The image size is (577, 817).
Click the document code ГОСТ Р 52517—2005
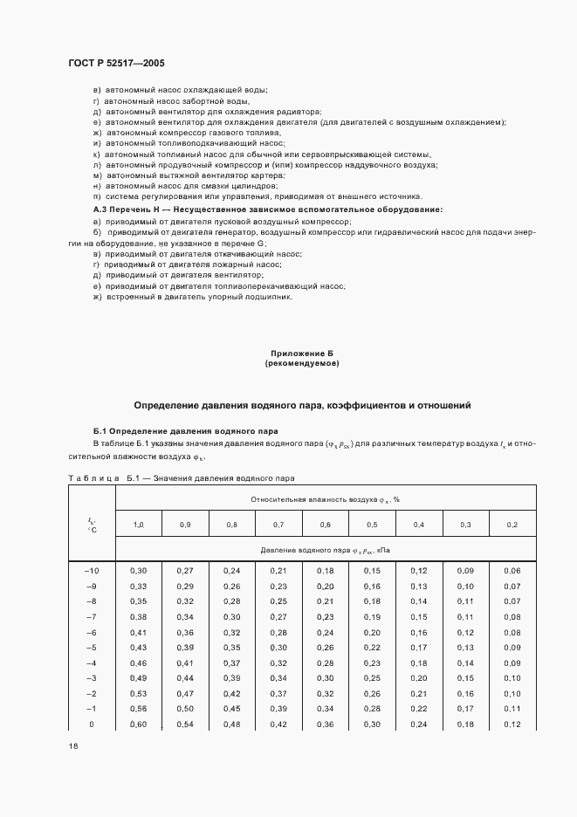pyautogui.click(x=116, y=64)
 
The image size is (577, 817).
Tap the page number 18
pyautogui.click(x=72, y=745)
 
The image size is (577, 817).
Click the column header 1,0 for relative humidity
pyautogui.click(x=138, y=524)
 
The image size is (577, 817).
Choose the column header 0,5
pyautogui.click(x=371, y=524)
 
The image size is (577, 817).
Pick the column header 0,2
pyautogui.click(x=512, y=524)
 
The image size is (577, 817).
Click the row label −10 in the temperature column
pyautogui.click(x=91, y=569)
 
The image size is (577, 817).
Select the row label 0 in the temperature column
pyautogui.click(x=91, y=724)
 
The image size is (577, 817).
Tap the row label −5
pyautogui.click(x=91, y=647)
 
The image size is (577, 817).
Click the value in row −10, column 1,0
pyautogui.click(x=138, y=569)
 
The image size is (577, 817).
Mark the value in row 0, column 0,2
pyautogui.click(x=512, y=724)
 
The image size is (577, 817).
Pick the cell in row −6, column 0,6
pyautogui.click(x=325, y=631)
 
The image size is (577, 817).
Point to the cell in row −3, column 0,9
pyautogui.click(x=185, y=678)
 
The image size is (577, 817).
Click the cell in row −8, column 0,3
pyautogui.click(x=465, y=601)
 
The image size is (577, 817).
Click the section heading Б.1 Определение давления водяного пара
pyautogui.click(x=185, y=431)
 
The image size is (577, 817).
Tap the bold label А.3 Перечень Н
pyautogui.click(x=135, y=210)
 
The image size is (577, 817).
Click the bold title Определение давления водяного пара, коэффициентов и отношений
pyautogui.click(x=301, y=405)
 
